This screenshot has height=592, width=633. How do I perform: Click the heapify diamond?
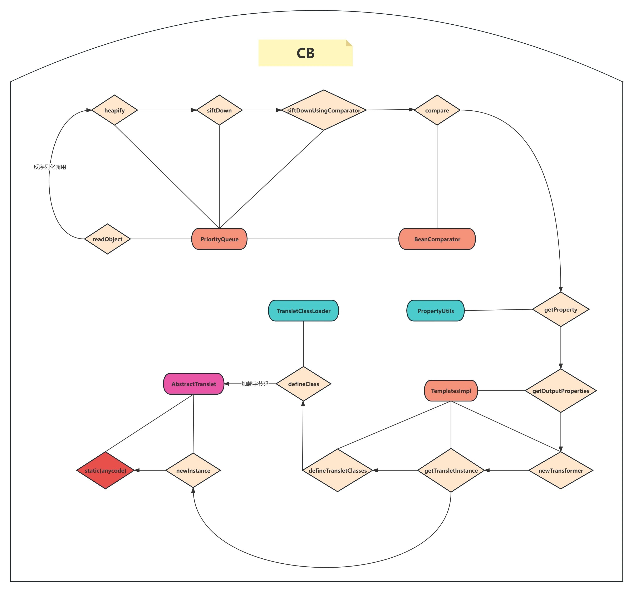pos(114,110)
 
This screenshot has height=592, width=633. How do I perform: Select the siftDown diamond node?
pos(219,110)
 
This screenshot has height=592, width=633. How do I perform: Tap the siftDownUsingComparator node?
pos(324,110)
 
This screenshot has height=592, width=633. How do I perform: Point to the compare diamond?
pos(437,110)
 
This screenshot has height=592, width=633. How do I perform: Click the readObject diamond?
pos(107,239)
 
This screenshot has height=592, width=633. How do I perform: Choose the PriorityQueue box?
pos(219,239)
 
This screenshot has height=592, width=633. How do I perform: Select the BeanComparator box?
pos(437,239)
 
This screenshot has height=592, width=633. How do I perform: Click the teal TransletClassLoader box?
pos(303,311)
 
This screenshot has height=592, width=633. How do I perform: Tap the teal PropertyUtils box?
pos(435,311)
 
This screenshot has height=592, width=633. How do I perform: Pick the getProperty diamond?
pos(560,309)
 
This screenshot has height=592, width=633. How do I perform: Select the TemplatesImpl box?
pos(451,391)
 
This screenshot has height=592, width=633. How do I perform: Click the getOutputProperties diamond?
pos(560,391)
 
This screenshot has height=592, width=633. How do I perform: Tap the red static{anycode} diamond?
pos(105,470)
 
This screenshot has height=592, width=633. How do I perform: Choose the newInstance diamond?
pos(193,470)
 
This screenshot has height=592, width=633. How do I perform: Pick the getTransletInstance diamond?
pos(451,470)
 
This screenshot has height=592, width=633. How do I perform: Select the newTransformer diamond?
pos(560,470)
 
